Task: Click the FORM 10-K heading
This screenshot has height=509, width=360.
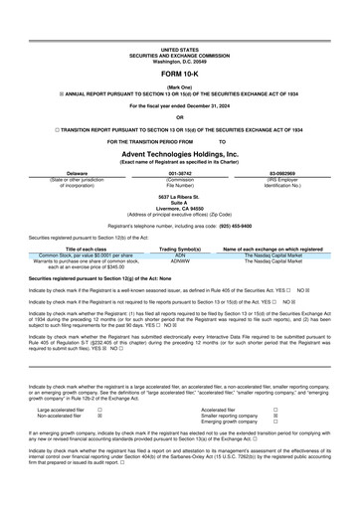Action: pyautogui.click(x=179, y=75)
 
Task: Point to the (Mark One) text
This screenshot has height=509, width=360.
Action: pyautogui.click(x=179, y=87)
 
